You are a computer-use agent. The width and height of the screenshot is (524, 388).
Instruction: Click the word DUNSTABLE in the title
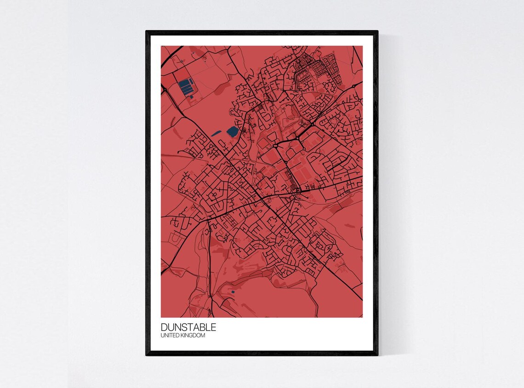188,328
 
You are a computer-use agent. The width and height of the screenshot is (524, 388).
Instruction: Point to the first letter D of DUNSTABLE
164,328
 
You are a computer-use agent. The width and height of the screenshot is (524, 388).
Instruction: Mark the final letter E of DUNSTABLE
213,328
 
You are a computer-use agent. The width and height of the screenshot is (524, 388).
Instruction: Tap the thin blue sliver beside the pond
216,134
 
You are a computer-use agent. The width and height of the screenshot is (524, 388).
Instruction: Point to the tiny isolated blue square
233,292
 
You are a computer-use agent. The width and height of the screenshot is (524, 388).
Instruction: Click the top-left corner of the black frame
147,31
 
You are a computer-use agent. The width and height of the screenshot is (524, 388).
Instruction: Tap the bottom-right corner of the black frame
377,355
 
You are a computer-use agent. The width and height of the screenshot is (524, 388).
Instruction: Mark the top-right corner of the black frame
377,31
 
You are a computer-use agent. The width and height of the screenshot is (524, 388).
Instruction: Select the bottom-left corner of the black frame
147,355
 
